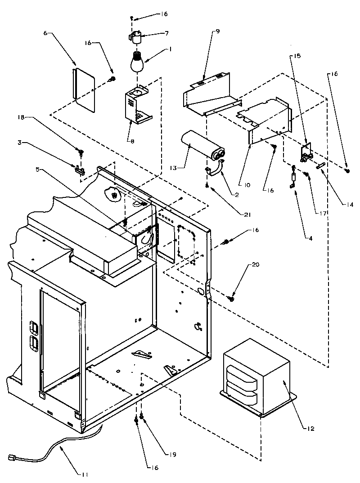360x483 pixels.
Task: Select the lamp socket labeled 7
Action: [136, 36]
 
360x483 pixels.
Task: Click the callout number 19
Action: [160, 454]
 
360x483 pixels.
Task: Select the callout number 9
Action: [218, 32]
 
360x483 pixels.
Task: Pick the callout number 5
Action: [38, 170]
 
